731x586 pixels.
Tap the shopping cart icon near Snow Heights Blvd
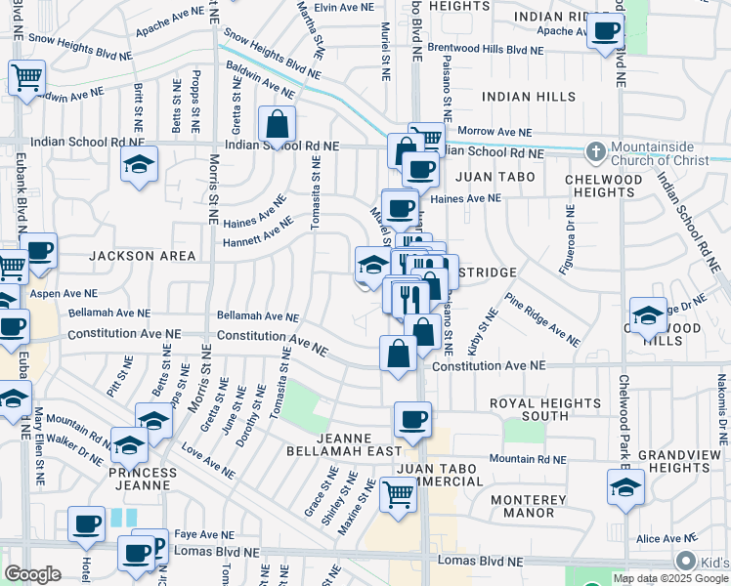(26, 76)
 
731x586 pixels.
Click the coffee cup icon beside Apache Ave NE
(605, 31)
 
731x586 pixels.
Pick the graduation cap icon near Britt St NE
(140, 163)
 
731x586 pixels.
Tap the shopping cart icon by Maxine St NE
(398, 493)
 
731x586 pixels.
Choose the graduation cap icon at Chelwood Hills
(648, 315)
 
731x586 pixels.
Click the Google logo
(32, 573)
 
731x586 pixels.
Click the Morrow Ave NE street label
(494, 132)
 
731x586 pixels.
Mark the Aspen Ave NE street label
(64, 293)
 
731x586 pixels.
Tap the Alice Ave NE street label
(665, 538)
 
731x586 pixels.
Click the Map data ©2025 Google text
(670, 578)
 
